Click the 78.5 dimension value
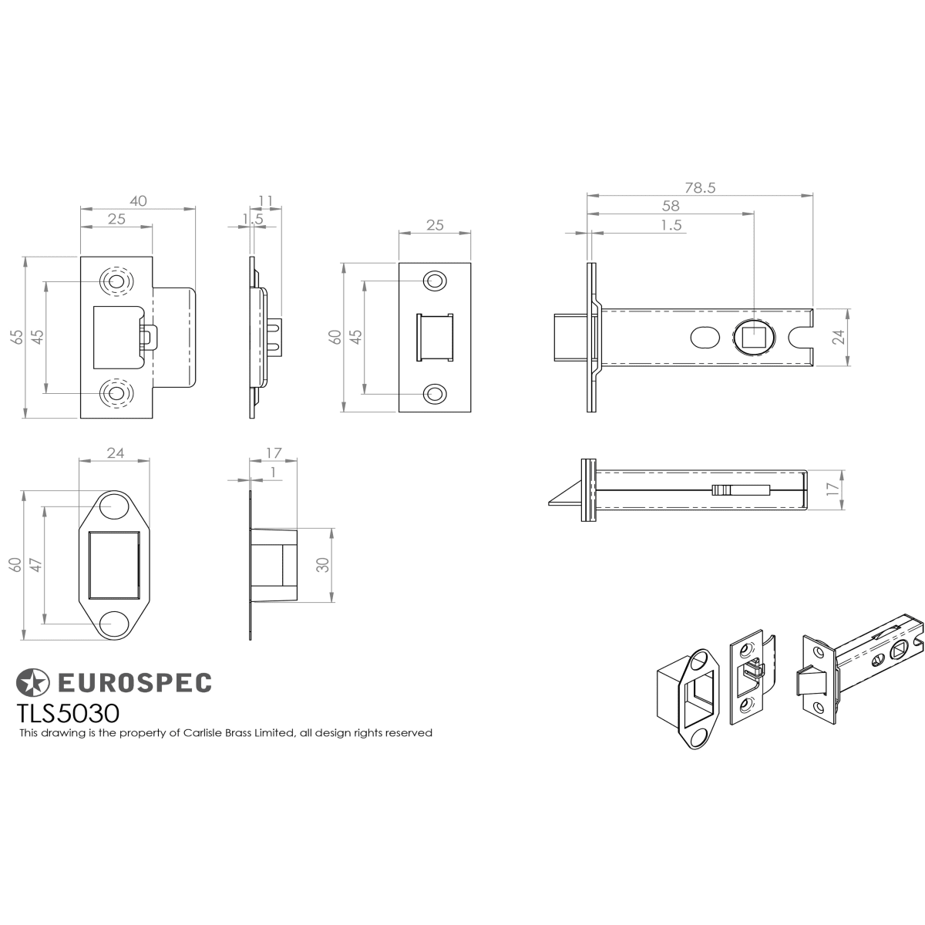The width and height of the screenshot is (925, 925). point(699,187)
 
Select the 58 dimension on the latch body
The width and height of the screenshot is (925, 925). point(671,206)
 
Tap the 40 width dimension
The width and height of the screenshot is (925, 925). point(138,200)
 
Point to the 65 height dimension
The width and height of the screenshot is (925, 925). point(17,336)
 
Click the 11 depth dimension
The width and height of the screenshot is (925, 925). point(265,200)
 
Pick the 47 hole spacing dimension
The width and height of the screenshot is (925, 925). point(37,565)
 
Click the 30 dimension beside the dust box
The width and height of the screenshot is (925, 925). point(324,565)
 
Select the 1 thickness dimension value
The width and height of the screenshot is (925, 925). point(273,473)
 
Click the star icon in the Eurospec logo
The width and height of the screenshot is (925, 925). point(32,683)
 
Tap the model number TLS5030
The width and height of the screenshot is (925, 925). point(68,713)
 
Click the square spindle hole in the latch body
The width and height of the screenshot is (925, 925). point(752,337)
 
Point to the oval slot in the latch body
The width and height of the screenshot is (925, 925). point(705,338)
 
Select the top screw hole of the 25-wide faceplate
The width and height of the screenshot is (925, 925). point(434,281)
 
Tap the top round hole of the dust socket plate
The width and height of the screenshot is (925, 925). point(114,507)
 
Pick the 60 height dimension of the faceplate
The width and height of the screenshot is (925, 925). point(335,337)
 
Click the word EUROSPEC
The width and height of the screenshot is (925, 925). point(134,683)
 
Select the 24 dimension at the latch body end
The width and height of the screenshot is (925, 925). point(838,337)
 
